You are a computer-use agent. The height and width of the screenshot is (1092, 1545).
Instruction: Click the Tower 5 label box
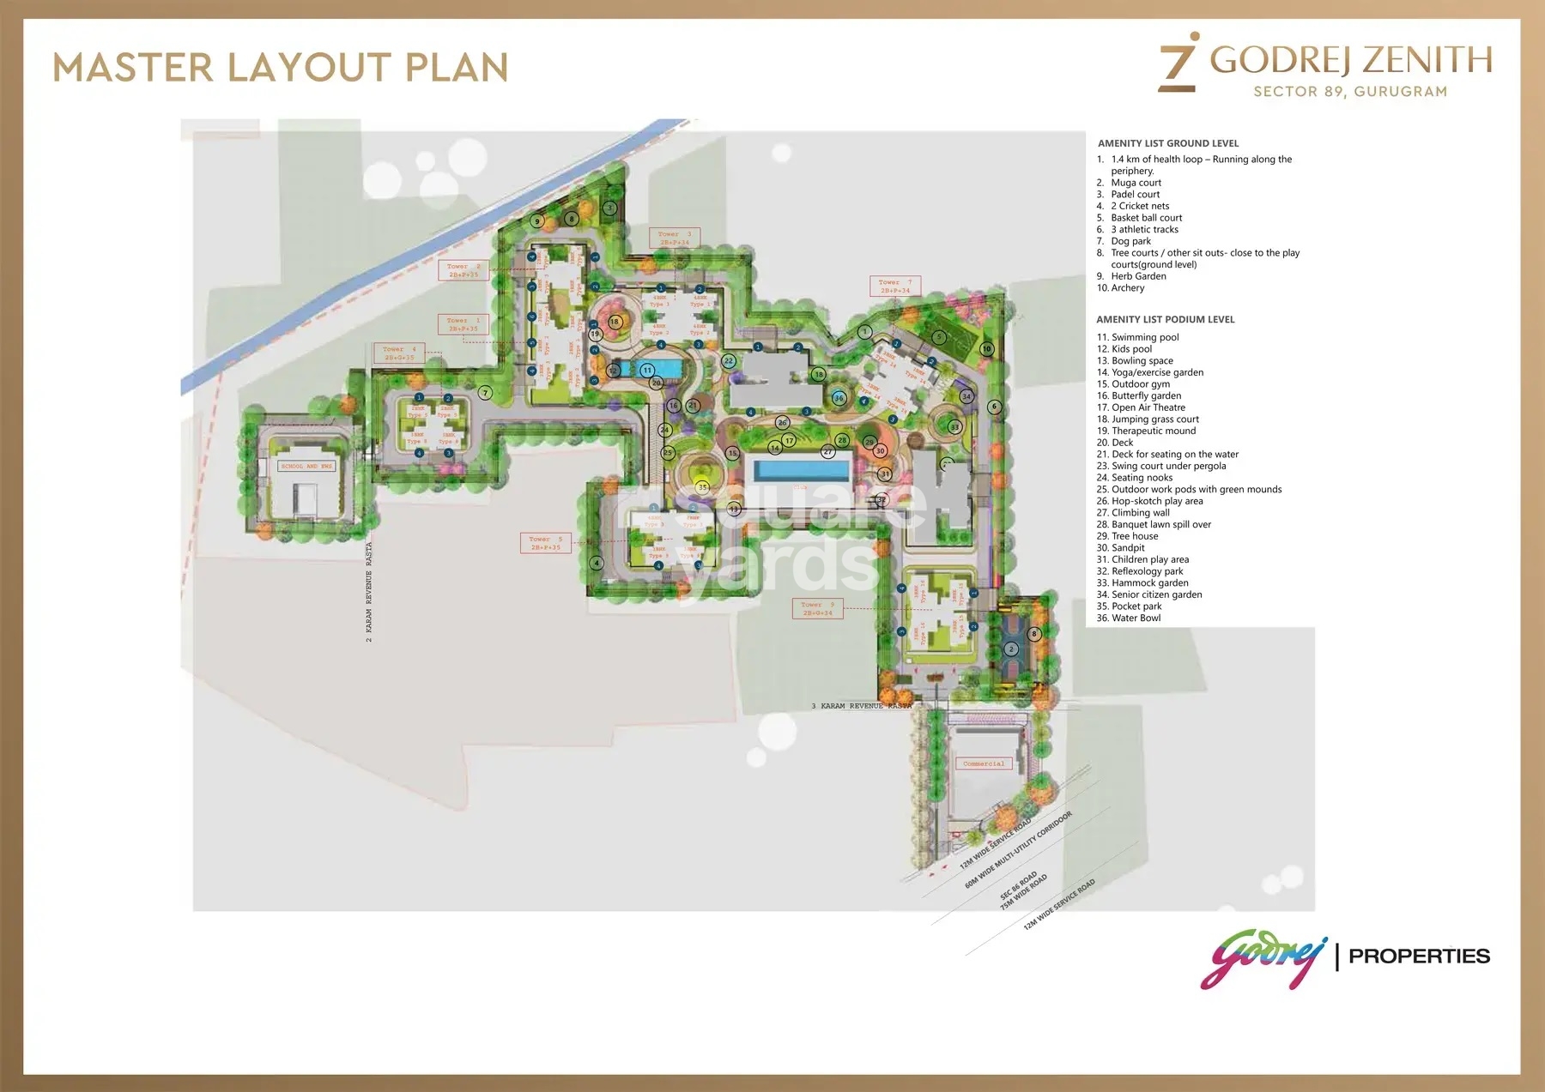[x=545, y=543]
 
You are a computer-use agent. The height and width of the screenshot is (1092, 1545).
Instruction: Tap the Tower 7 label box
[x=895, y=286]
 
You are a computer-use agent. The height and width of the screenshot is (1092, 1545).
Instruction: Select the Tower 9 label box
[x=817, y=609]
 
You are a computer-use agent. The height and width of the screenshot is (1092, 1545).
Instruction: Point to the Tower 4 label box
[x=399, y=353]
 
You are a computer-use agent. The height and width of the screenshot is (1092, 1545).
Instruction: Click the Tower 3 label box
[x=675, y=238]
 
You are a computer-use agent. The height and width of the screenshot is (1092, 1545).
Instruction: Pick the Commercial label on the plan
[x=984, y=763]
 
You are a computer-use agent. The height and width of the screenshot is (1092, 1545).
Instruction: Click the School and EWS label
[x=306, y=466]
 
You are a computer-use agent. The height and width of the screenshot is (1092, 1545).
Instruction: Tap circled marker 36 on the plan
[x=839, y=398]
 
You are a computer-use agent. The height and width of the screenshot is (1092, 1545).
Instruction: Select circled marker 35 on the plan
[x=702, y=487]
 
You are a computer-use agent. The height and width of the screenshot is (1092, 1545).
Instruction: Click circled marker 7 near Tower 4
[x=486, y=393]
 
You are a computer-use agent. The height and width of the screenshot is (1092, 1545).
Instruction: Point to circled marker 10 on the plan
[x=987, y=349]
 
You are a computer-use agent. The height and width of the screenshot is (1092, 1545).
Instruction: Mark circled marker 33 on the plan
[x=954, y=426]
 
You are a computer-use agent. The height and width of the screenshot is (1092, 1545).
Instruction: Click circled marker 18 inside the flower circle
[x=615, y=323]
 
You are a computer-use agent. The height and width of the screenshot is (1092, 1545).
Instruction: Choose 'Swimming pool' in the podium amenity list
[x=1145, y=337]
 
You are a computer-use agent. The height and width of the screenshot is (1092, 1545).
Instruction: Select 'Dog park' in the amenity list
[x=1130, y=241]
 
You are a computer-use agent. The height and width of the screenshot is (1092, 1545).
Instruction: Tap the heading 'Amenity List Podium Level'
[x=1165, y=319]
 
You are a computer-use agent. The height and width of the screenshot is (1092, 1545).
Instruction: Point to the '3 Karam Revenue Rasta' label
[x=862, y=706]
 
